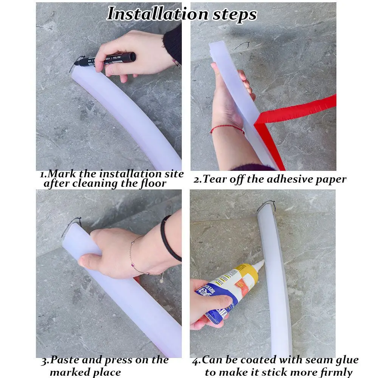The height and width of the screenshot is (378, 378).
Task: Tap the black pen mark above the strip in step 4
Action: click(266, 204)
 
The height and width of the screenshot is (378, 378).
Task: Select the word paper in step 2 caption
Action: click(328, 179)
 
